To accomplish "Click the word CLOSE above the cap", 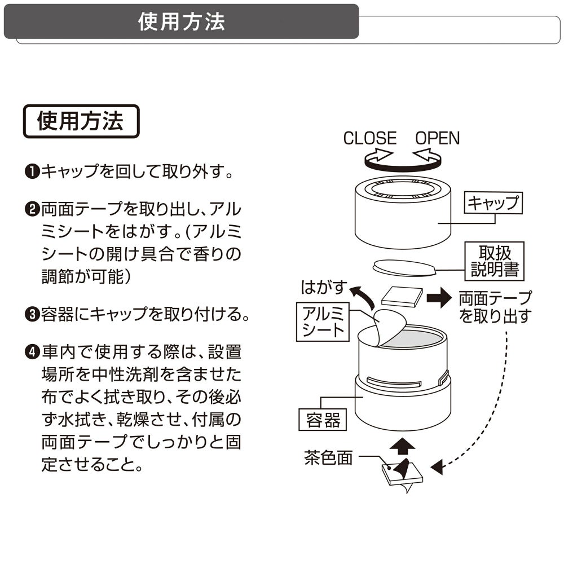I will [369, 138].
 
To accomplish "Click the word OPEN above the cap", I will [438, 138].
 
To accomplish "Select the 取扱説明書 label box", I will [495, 261].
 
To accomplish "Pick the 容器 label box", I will [323, 420].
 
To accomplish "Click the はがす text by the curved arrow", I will [323, 287].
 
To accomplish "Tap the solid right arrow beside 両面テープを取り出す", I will [439, 297].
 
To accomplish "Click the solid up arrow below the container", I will [402, 447].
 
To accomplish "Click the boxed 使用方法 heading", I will [81, 121].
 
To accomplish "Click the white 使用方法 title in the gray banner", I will [182, 21].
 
